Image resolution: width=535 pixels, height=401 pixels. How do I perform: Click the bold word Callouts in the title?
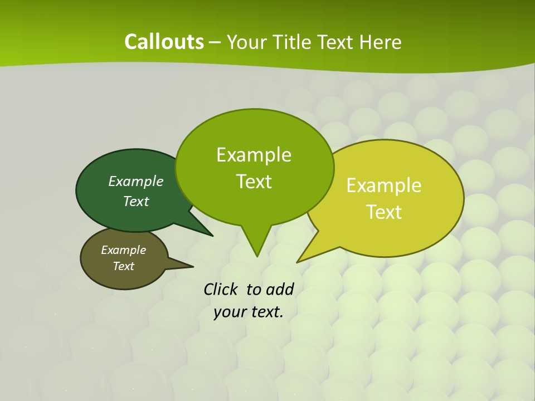(164, 42)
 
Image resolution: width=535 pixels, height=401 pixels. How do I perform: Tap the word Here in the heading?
(381, 42)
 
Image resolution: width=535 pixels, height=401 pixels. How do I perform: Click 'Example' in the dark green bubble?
(135, 181)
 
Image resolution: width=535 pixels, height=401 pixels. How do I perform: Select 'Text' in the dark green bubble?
(135, 201)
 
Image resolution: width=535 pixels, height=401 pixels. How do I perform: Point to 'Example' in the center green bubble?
(254, 155)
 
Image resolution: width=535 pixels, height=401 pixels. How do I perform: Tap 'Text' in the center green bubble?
(254, 181)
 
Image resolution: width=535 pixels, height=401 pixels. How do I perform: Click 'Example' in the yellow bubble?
(384, 185)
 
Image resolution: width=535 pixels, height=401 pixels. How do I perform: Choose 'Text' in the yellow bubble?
(384, 212)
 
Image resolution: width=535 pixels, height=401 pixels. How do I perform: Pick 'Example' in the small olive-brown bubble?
(123, 250)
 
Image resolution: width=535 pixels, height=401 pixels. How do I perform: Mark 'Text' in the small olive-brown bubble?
(123, 266)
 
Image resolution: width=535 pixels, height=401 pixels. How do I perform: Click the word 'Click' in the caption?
(221, 289)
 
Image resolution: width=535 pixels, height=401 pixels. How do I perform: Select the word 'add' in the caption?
(279, 289)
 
